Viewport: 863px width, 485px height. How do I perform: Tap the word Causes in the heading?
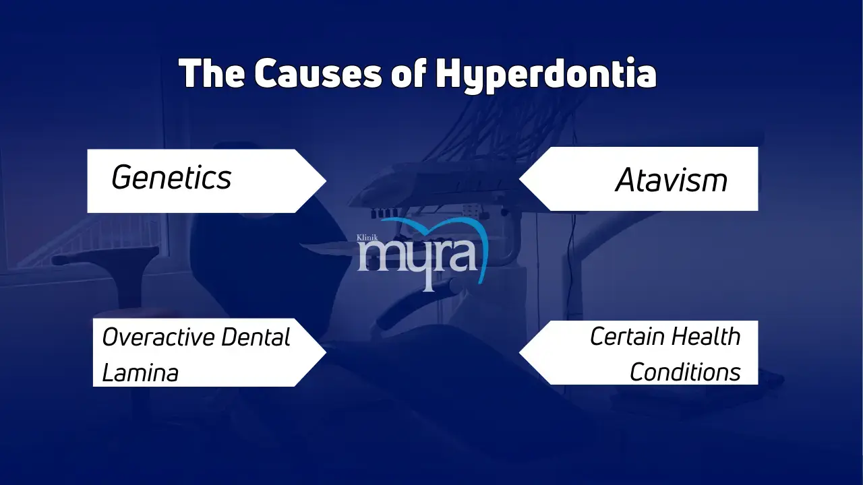(318, 73)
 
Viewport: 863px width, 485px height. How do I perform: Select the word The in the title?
(212, 73)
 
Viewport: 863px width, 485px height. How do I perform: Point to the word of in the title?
(409, 73)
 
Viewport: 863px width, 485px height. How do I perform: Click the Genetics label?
(171, 178)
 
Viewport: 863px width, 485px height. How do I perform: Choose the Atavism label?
(671, 180)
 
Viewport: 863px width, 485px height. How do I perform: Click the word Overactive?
(158, 337)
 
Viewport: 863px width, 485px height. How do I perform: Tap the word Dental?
(256, 337)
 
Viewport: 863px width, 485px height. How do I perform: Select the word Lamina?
(140, 373)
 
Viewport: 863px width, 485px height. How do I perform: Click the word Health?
(705, 336)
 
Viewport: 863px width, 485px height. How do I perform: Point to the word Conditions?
(685, 373)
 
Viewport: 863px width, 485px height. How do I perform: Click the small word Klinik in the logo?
(367, 238)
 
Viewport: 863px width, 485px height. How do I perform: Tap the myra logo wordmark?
(417, 262)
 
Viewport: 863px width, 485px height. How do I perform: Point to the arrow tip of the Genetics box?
(326, 181)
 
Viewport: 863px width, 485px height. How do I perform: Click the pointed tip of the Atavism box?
(520, 179)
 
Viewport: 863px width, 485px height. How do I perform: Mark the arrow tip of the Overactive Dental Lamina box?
(326, 352)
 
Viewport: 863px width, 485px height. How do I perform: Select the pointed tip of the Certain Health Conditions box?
(520, 352)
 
